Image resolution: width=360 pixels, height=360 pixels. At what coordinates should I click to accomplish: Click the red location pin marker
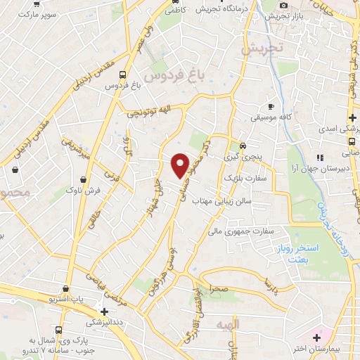(x=180, y=165)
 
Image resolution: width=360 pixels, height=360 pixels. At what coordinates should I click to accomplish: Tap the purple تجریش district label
(x=261, y=49)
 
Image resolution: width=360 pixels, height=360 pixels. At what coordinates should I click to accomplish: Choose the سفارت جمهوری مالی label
(x=238, y=230)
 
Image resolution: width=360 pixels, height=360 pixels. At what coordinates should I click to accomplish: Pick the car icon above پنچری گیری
(x=243, y=146)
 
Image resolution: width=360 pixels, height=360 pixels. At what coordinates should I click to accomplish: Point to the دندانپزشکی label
(x=103, y=323)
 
